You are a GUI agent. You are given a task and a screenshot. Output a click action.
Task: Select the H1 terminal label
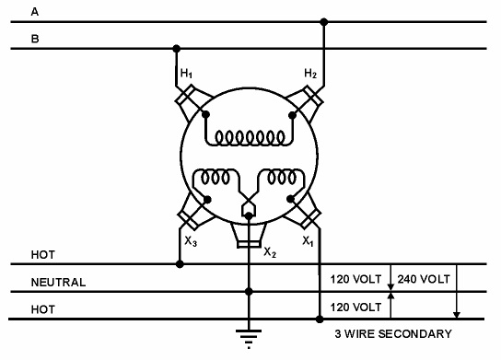pyautogui.click(x=186, y=72)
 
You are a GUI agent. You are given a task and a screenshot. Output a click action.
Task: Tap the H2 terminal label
pyautogui.click(x=309, y=72)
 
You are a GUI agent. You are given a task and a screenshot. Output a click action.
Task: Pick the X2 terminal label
pyautogui.click(x=270, y=251)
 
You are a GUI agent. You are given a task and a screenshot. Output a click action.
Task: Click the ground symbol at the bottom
pyautogui.click(x=247, y=336)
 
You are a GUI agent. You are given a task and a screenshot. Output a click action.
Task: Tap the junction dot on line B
pyautogui.click(x=176, y=49)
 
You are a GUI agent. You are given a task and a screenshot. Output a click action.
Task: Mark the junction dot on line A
pyautogui.click(x=323, y=21)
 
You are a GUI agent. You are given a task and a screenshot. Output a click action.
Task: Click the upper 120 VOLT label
pyautogui.click(x=355, y=277)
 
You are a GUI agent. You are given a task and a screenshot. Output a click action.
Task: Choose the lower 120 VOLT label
pyautogui.click(x=355, y=306)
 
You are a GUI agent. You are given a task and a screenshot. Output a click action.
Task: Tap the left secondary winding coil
pyautogui.click(x=216, y=177)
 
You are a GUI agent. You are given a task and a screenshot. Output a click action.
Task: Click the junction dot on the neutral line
pyautogui.click(x=247, y=292)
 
